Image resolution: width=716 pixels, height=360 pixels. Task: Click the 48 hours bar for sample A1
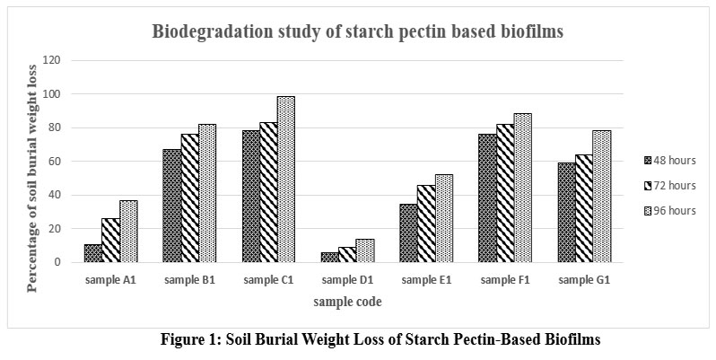pyautogui.click(x=93, y=253)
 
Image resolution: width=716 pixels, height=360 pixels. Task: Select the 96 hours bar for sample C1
pyautogui.click(x=285, y=180)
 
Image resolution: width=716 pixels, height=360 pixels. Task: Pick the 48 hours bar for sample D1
pyautogui.click(x=330, y=258)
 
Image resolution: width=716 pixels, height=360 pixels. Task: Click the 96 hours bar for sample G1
pyautogui.click(x=601, y=197)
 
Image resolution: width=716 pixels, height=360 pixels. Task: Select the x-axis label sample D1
pyautogui.click(x=347, y=280)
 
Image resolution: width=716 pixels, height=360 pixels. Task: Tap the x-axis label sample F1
pyautogui.click(x=505, y=280)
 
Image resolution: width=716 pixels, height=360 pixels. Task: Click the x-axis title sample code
pyautogui.click(x=347, y=303)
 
